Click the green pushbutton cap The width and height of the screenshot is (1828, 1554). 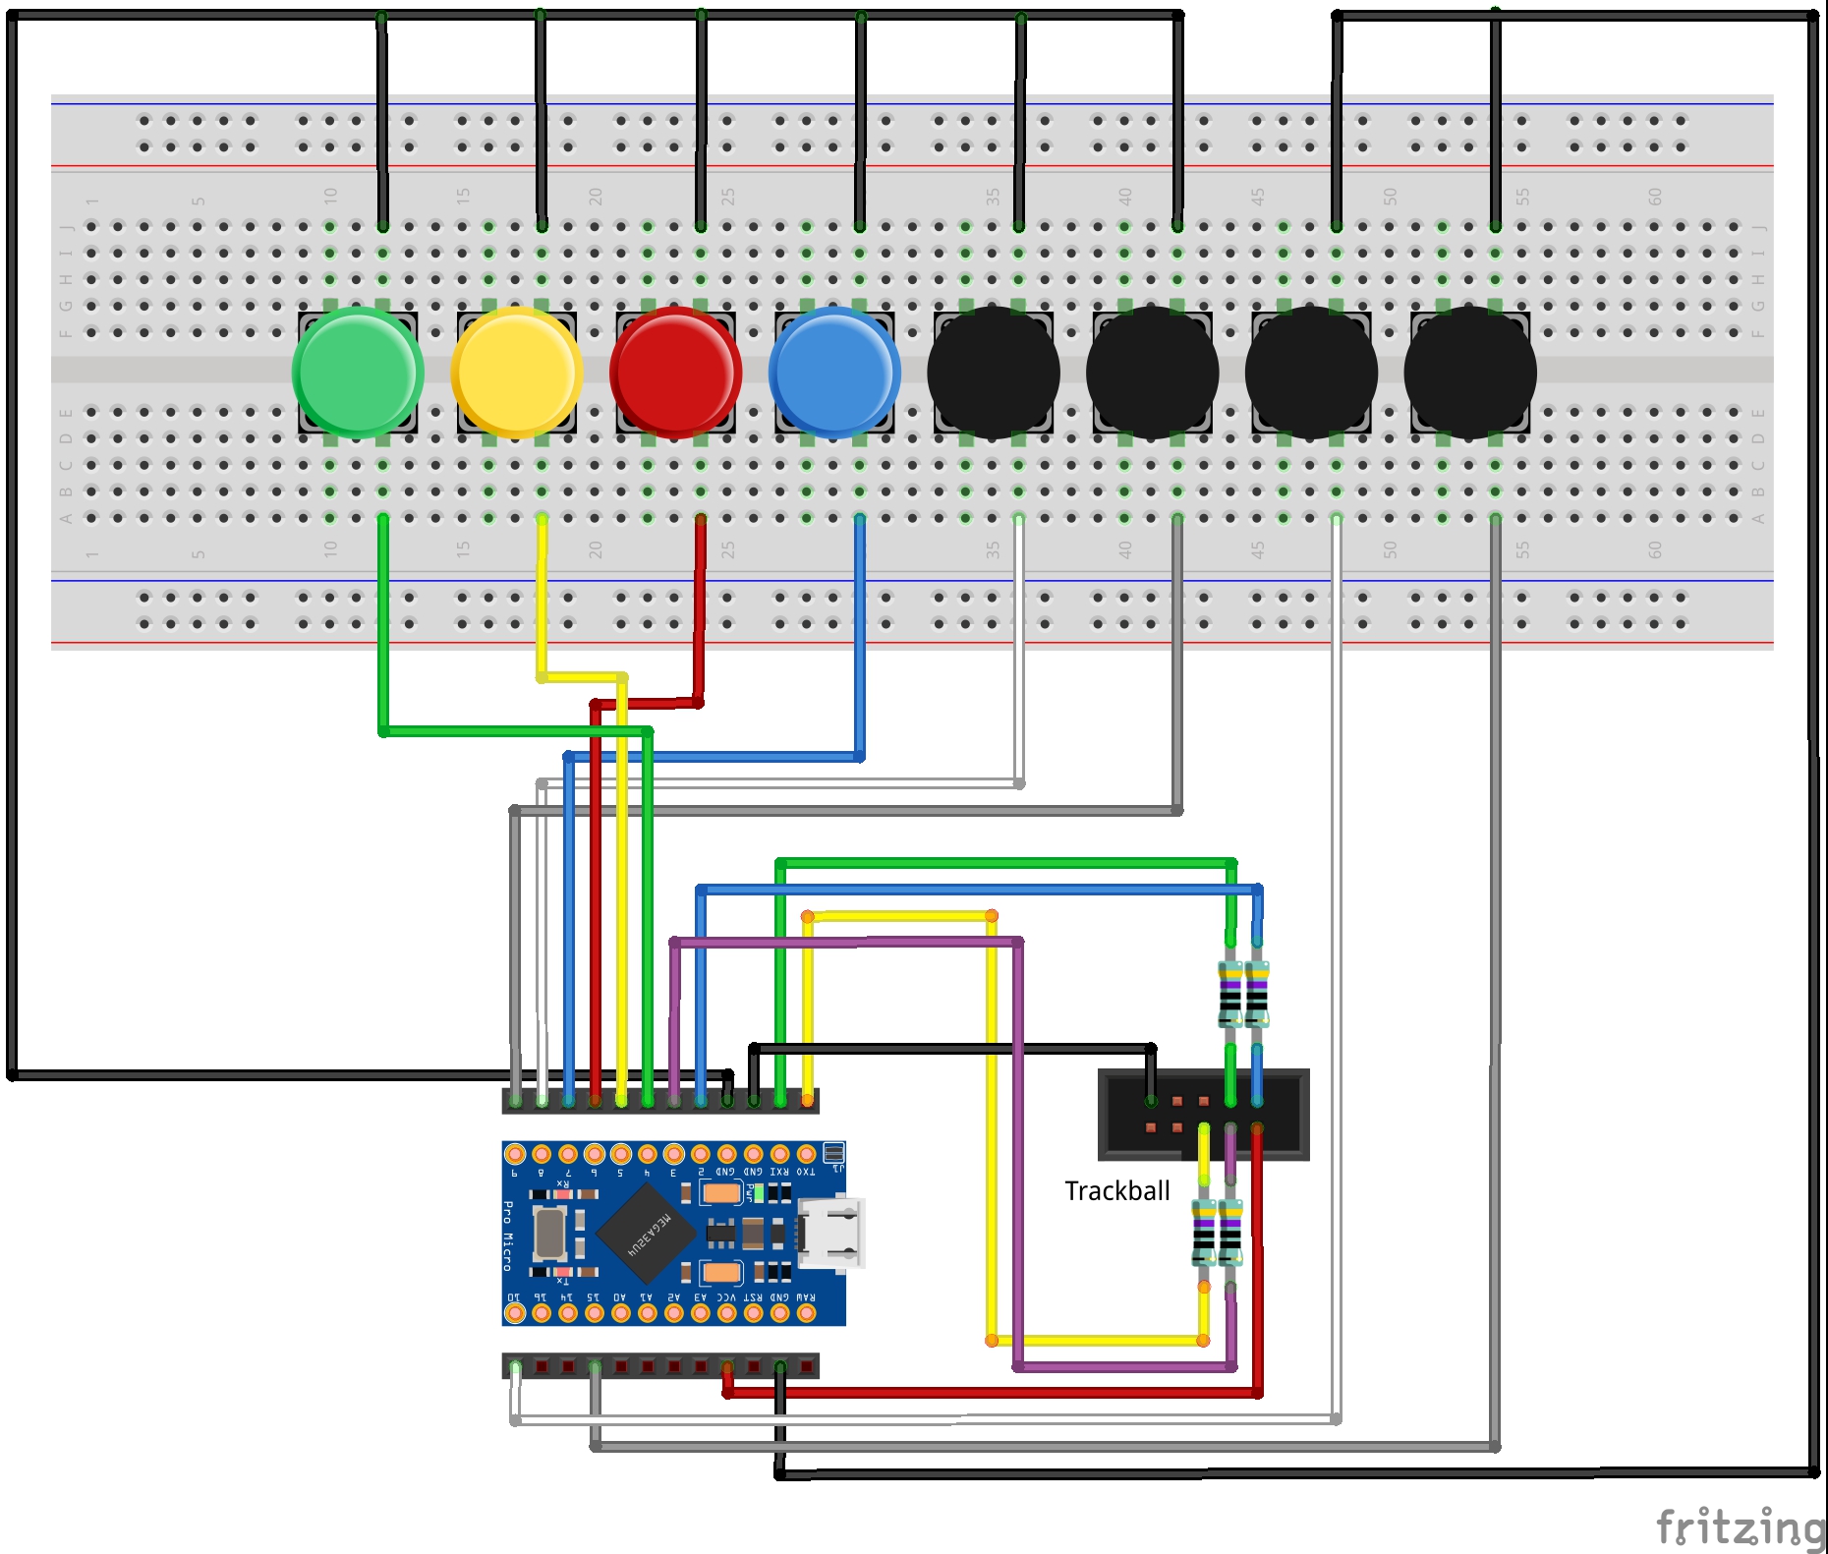point(358,372)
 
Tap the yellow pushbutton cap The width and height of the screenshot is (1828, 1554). point(517,372)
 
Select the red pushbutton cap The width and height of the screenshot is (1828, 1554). point(676,372)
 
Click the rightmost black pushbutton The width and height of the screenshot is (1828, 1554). point(1470,372)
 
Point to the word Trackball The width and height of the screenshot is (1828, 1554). point(1116,1191)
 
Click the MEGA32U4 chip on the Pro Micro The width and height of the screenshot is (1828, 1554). point(647,1234)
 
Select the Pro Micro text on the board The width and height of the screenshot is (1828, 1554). point(508,1236)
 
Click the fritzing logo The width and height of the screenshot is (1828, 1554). point(1740,1527)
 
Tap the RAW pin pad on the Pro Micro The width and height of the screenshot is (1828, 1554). point(806,1313)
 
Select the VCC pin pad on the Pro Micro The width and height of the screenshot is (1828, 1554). point(726,1313)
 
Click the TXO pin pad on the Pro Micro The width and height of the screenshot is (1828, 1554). point(806,1154)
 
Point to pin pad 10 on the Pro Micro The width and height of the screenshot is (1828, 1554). point(514,1313)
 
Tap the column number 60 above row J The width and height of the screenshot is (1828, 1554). point(1655,197)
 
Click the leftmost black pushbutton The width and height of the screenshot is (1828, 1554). point(994,372)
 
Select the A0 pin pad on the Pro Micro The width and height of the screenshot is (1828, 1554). point(620,1313)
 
